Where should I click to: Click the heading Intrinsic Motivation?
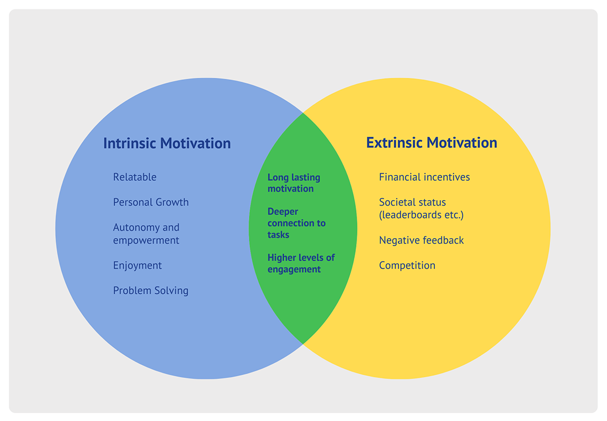coord(167,143)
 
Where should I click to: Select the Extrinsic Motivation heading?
coord(432,143)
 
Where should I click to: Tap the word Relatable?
coord(135,177)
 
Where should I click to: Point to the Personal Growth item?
coord(151,202)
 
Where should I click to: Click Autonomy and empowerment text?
coord(146,234)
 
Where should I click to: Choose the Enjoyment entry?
coord(137,266)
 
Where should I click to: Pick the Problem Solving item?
coord(151,290)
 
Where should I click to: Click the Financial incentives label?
coord(424,177)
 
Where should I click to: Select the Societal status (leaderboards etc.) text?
coord(421,208)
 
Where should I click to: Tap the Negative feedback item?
coord(421,240)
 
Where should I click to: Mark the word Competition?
coord(407,265)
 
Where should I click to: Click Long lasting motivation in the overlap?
coord(294,183)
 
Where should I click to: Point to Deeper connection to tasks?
coord(296,223)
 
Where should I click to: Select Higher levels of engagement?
coord(301,263)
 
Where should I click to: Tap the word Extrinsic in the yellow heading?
coord(394,143)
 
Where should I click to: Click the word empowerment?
coord(146,240)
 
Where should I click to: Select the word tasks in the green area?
coord(278,235)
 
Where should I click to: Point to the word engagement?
coord(294,269)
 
